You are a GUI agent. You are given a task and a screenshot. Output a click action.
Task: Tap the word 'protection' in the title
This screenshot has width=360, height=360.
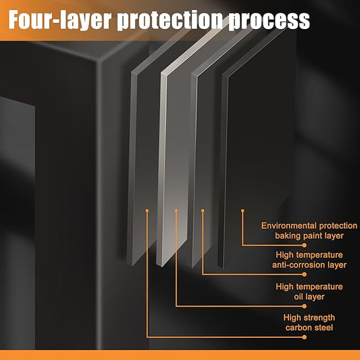pos(170,20)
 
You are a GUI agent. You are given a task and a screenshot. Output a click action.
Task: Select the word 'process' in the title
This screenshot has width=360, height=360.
pos(269,21)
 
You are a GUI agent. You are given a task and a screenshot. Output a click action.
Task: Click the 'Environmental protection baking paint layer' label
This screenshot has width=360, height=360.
pos(309,230)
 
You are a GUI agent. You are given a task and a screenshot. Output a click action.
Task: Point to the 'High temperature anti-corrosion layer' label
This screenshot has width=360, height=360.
pos(309,259)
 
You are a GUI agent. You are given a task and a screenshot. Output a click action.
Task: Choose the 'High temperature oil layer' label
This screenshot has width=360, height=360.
pos(309,292)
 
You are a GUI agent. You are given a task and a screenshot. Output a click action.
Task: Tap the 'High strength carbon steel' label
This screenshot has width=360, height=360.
pos(309,323)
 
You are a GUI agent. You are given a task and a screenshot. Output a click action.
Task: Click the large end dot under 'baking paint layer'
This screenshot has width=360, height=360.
pos(305,245)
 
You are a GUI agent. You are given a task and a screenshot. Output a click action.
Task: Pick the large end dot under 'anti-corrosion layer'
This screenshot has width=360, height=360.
pos(305,274)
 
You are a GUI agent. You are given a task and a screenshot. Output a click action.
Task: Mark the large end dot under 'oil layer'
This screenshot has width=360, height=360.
pos(305,306)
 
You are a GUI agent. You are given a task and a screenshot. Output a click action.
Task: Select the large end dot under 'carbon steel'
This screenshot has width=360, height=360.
pos(305,337)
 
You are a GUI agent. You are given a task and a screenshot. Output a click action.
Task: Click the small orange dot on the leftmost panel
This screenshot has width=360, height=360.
pos(147,211)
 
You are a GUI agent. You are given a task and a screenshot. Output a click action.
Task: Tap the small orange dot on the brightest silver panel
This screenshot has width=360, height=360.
pos(176,211)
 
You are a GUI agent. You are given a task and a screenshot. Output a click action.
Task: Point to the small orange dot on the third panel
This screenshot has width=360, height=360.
pos(203,211)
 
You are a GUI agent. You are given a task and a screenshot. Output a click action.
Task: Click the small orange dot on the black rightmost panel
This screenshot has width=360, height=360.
pos(242,211)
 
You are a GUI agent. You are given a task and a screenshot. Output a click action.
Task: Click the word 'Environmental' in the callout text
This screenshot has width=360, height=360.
pos(289,226)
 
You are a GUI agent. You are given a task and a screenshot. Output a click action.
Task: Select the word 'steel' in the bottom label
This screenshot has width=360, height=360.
pos(324,328)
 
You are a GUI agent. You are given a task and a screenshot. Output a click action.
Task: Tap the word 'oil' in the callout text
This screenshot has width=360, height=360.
pos(299,297)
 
